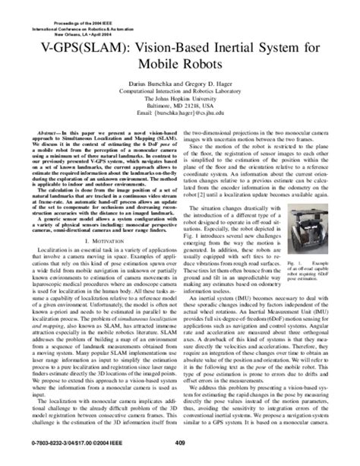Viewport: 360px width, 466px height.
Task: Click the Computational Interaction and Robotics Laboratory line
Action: click(179, 105)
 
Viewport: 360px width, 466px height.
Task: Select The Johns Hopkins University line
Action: click(179, 113)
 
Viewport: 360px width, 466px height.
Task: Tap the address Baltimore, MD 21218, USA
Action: click(179, 120)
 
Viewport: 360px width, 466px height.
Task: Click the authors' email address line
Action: click(179, 128)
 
